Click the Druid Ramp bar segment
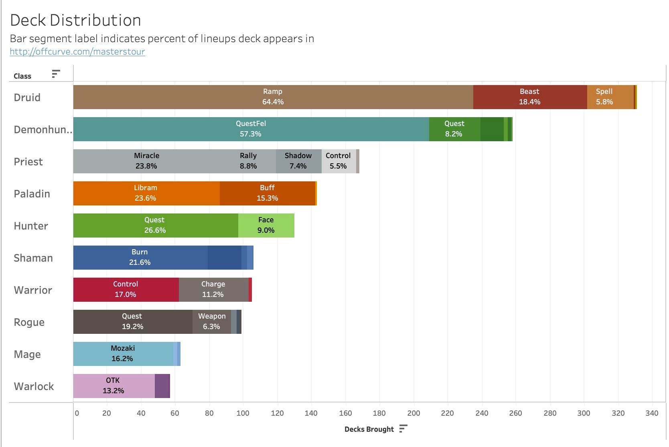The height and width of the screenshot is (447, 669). click(x=273, y=97)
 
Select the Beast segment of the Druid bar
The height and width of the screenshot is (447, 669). click(x=529, y=97)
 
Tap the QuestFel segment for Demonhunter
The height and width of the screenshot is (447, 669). click(x=251, y=129)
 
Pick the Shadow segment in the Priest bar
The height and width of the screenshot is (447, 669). click(x=298, y=161)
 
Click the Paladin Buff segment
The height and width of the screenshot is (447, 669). click(x=267, y=193)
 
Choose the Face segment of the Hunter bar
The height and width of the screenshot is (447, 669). click(x=266, y=226)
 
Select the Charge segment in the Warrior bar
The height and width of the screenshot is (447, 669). click(x=213, y=290)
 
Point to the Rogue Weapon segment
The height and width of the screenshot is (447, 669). click(x=211, y=322)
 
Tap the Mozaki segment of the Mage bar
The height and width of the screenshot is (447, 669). click(x=123, y=354)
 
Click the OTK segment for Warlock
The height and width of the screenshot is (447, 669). click(x=114, y=386)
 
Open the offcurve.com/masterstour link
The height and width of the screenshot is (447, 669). click(x=77, y=52)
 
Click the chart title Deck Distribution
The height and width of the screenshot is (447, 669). click(x=75, y=20)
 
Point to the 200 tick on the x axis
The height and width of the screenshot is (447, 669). click(x=414, y=413)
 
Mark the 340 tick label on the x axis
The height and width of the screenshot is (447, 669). click(x=652, y=413)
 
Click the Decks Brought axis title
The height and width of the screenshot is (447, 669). click(x=369, y=429)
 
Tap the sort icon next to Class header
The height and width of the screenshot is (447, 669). click(x=56, y=74)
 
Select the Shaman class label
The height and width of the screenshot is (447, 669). click(x=33, y=258)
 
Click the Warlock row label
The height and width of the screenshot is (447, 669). click(x=34, y=386)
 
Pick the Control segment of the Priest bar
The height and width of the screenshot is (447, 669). click(x=339, y=161)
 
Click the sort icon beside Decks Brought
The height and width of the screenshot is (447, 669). click(x=403, y=429)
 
